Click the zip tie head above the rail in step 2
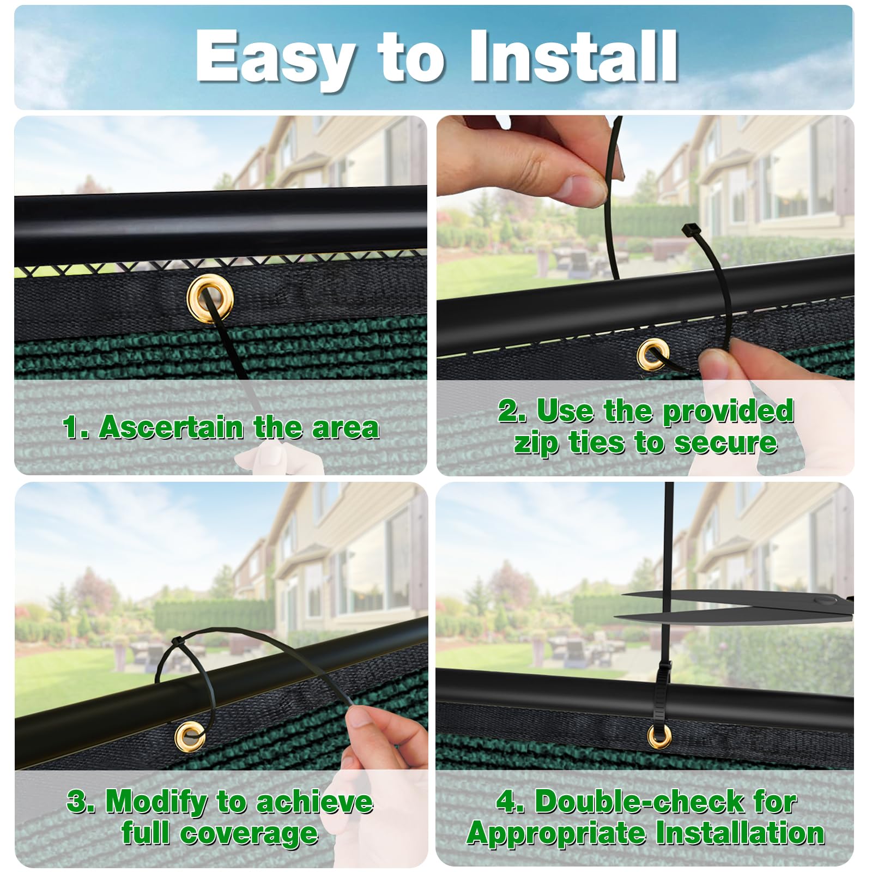point(688,230)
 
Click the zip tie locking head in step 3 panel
point(177,640)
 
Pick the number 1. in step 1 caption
point(75,427)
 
